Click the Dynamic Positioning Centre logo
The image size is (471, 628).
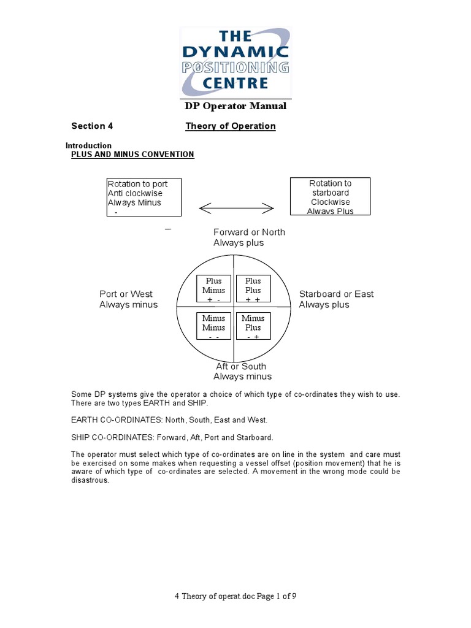tap(235, 61)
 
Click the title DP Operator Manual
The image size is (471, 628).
tap(235, 106)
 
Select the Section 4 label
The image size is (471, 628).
tap(92, 126)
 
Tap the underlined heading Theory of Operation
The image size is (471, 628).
tap(231, 126)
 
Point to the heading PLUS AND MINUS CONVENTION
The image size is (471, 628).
tap(132, 155)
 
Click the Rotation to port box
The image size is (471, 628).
tap(144, 197)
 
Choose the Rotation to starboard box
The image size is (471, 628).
tap(330, 196)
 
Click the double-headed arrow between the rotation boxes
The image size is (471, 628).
tap(236, 209)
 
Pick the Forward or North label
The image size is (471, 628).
tap(249, 237)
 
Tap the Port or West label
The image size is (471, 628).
tap(128, 299)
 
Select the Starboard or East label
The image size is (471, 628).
tap(336, 299)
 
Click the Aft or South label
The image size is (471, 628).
tap(242, 371)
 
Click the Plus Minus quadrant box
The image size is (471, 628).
tap(214, 289)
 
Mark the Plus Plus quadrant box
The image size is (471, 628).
tap(253, 289)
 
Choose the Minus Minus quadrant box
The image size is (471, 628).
tap(214, 327)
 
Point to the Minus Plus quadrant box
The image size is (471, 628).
tap(253, 327)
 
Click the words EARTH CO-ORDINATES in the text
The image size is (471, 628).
tap(108, 420)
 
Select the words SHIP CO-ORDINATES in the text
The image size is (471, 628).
tap(105, 437)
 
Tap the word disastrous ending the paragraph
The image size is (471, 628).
tap(90, 480)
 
